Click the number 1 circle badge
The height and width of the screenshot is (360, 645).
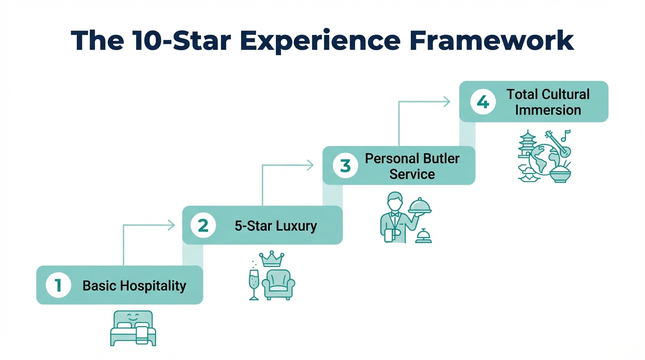click(x=58, y=285)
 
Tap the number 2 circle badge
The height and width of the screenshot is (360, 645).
click(x=203, y=225)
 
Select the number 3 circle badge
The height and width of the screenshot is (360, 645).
click(x=345, y=165)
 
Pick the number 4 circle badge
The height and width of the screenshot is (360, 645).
click(x=483, y=102)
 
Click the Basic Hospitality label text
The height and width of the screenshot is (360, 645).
click(x=134, y=285)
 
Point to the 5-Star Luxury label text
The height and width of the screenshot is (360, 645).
click(x=276, y=226)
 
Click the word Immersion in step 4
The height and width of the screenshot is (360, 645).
click(x=548, y=110)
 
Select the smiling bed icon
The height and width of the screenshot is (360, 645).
click(x=133, y=328)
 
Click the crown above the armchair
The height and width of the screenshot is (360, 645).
click(x=272, y=259)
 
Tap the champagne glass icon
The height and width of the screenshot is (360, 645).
click(x=254, y=284)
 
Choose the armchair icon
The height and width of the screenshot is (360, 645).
click(x=278, y=284)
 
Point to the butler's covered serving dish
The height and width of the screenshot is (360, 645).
click(x=420, y=206)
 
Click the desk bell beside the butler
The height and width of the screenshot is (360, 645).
click(x=423, y=236)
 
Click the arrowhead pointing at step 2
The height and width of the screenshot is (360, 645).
click(x=171, y=225)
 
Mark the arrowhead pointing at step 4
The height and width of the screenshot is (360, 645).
click(x=447, y=102)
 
